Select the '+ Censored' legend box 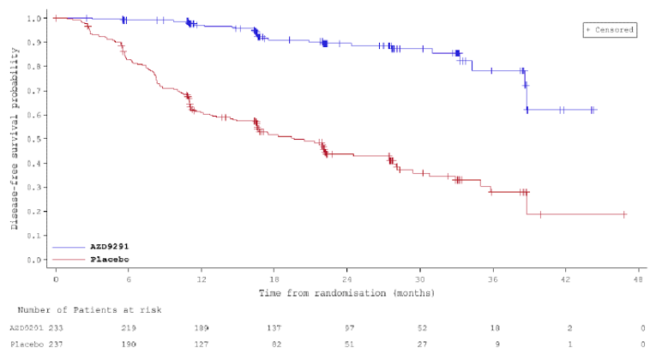click(609, 29)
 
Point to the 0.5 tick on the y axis click(37, 139)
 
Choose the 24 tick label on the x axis click(346, 279)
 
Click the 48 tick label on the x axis click(639, 279)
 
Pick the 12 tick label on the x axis click(201, 279)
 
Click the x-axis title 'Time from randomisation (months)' click(346, 293)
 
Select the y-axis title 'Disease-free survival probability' click(15, 139)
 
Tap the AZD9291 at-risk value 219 click(128, 327)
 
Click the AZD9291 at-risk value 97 click(347, 327)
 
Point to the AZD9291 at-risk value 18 click(493, 327)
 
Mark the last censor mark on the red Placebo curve click(623, 214)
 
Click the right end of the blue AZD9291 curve click(596, 110)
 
